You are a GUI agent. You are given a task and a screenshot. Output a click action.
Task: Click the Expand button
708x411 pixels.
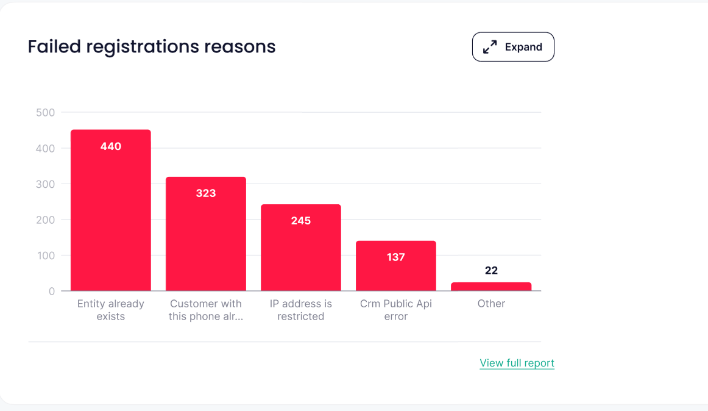[513, 47]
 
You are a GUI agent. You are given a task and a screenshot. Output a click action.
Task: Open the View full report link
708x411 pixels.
[517, 363]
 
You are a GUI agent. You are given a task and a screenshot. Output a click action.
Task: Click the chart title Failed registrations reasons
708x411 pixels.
[152, 46]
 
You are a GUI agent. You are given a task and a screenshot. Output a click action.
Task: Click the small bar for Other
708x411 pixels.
[491, 287]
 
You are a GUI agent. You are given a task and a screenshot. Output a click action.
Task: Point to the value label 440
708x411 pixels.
[111, 146]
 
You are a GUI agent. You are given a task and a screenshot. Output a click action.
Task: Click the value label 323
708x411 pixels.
[206, 193]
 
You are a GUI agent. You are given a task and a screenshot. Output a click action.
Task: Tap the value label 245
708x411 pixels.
[301, 220]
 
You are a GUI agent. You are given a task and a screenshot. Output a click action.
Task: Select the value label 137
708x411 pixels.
[396, 257]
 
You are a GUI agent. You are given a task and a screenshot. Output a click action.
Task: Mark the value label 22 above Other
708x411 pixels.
[491, 270]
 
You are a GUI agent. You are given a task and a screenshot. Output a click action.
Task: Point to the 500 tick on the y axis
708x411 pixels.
[45, 112]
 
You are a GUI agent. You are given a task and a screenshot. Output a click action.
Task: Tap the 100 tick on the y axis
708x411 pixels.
[45, 256]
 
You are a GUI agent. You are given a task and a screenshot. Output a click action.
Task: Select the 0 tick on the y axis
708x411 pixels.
[51, 291]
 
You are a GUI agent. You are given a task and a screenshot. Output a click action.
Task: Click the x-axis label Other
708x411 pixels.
[491, 304]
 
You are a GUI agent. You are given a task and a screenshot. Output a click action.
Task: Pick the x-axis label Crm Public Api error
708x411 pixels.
[396, 310]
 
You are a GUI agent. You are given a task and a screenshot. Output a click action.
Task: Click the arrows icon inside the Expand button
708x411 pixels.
[490, 47]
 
